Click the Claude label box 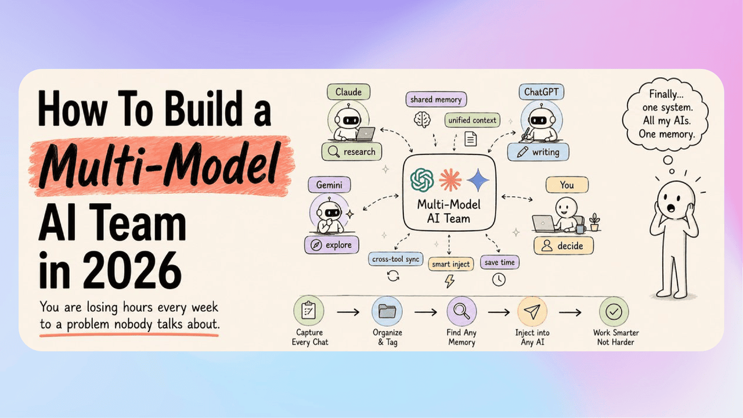[349, 92]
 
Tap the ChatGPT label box [542, 92]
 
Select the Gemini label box [329, 185]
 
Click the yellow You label [567, 185]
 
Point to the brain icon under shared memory [422, 120]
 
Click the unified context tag [473, 120]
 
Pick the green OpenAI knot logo [422, 180]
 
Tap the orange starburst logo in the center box [450, 180]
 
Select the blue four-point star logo [478, 180]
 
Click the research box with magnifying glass [352, 152]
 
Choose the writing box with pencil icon [538, 152]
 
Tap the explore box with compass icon [331, 245]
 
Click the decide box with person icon [564, 246]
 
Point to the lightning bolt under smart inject [449, 280]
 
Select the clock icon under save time [499, 280]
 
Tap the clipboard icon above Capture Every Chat [308, 311]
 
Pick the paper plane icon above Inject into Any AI [532, 312]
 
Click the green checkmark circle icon [614, 312]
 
